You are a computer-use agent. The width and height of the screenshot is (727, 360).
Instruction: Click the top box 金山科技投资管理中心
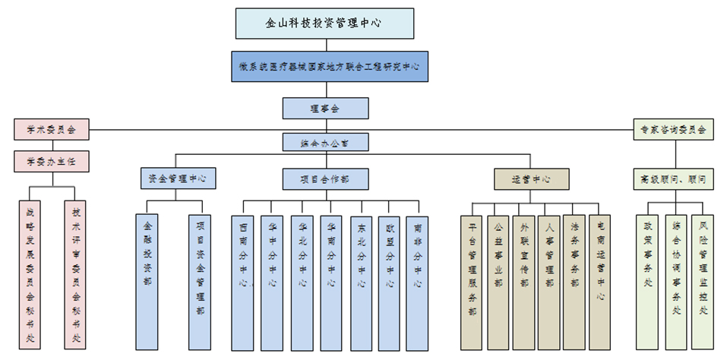click(324, 23)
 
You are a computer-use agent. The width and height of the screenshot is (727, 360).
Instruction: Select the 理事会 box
click(324, 109)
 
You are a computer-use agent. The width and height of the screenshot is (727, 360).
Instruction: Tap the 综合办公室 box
click(324, 142)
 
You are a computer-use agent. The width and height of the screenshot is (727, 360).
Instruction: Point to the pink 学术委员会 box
click(52, 130)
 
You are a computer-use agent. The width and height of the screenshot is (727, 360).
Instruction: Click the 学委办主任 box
click(52, 162)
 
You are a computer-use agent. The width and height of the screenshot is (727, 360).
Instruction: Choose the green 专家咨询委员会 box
click(673, 130)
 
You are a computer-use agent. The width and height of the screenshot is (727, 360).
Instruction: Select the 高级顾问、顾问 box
click(673, 179)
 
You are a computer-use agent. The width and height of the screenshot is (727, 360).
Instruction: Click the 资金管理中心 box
click(178, 179)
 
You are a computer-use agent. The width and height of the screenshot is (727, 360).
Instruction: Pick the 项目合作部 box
click(324, 179)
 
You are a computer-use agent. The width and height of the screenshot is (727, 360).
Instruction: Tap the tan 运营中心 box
click(530, 179)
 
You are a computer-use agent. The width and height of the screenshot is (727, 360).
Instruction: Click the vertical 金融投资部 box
click(148, 281)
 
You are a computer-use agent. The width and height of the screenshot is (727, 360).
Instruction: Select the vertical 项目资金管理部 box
click(200, 281)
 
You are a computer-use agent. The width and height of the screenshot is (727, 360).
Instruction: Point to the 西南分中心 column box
click(243, 281)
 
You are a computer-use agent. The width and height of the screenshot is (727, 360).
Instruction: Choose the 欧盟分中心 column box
click(390, 281)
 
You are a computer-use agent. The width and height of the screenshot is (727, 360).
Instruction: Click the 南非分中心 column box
click(418, 281)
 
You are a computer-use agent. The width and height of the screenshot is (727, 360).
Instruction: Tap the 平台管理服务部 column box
click(472, 281)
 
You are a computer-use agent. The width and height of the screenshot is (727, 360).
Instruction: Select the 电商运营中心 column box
click(600, 281)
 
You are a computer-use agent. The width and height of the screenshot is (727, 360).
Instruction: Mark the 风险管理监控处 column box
click(703, 281)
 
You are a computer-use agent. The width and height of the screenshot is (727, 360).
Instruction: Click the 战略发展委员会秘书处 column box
click(30, 273)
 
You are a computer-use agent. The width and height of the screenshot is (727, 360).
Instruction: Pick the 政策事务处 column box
click(647, 281)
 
